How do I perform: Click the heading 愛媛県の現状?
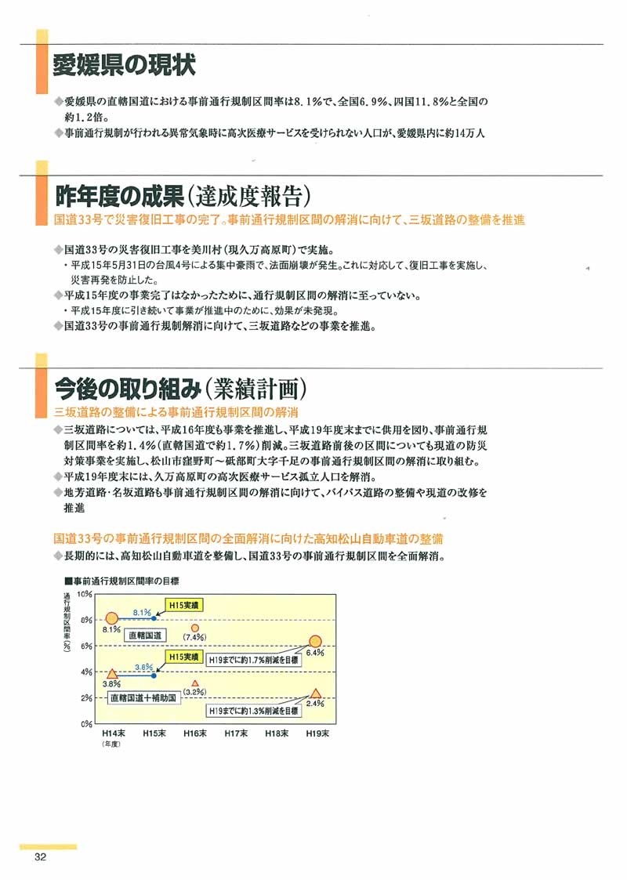coord(124,66)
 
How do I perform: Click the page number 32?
coord(41,857)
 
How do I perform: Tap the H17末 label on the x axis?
coord(235,734)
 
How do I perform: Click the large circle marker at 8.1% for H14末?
coord(112,619)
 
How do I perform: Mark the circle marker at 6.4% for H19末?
coord(316,641)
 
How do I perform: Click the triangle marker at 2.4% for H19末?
coord(316,693)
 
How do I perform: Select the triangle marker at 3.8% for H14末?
coord(112,673)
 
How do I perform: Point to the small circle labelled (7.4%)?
coord(195,628)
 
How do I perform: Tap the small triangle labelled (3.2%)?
coord(195,683)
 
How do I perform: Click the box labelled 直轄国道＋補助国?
coord(144,697)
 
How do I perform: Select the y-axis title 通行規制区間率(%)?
coord(67,623)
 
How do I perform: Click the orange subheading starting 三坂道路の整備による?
coord(176,412)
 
